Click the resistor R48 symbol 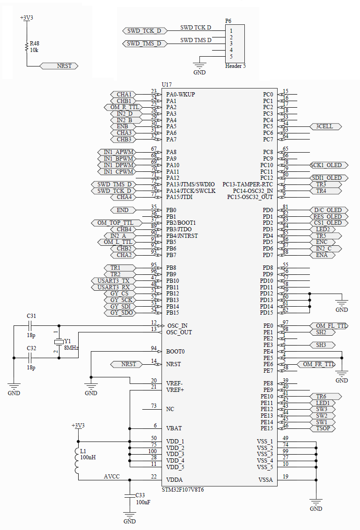tap(27, 46)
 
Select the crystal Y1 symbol tap(59, 341)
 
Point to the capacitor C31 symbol tap(31, 325)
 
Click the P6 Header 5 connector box tap(235, 44)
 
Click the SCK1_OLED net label tap(329, 165)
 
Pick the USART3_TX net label tap(113, 280)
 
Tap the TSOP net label tap(322, 428)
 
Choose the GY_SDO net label tap(120, 312)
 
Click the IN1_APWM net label tap(118, 152)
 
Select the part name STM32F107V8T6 tap(183, 489)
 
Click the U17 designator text tap(167, 85)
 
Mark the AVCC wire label tap(111, 476)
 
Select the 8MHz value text tap(71, 348)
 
